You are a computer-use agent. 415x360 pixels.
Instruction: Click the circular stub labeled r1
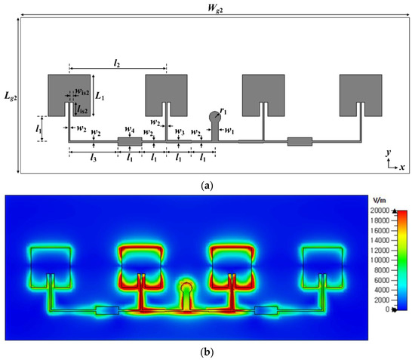point(214,117)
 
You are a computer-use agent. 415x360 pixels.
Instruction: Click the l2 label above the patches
point(116,64)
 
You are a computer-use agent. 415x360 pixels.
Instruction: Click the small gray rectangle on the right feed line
point(300,141)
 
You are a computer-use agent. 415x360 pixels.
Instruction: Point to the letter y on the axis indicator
point(386,152)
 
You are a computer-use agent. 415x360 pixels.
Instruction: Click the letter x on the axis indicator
point(402,166)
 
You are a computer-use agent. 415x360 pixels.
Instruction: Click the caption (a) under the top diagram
point(207,183)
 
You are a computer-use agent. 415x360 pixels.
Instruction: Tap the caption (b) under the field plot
point(207,352)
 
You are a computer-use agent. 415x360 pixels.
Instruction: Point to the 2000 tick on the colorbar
point(382,299)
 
